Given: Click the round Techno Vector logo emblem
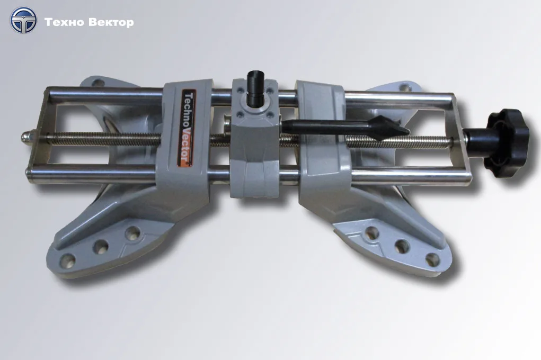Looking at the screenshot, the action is [x=23, y=20].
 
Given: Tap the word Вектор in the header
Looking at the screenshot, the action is [x=111, y=22].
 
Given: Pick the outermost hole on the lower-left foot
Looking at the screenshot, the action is [x=68, y=260].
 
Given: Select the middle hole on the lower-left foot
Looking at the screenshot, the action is [x=101, y=246].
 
